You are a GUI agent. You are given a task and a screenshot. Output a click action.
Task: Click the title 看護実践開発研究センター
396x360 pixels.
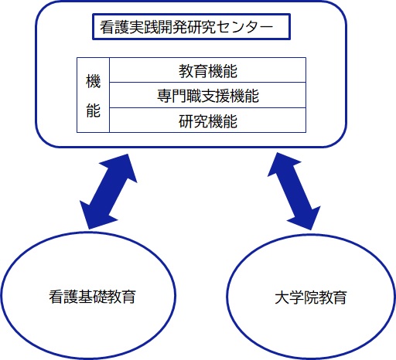pos(186,27)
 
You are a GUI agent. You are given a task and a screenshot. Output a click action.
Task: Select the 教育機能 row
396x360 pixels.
pos(208,71)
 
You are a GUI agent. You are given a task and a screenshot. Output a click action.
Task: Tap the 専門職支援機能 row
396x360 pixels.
pos(208,96)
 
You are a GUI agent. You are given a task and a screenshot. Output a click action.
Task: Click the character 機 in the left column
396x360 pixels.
pos(93,81)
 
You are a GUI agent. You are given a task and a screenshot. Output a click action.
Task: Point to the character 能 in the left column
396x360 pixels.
pos(93,110)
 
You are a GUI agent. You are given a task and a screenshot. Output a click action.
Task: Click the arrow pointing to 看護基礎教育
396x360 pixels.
pos(108,192)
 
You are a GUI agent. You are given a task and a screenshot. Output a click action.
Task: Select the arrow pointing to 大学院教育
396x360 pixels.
pos(294,191)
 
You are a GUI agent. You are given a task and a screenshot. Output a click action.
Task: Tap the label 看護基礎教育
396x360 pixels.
pos(92,297)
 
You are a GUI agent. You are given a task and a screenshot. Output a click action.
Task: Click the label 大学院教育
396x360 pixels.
pos(311,297)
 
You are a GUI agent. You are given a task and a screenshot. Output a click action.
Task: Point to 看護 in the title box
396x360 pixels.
pos(114,27)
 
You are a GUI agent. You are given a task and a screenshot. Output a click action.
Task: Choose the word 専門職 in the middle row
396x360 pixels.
pos(179,96)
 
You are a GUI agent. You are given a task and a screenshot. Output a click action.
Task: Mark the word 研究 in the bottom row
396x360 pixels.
pos(193,121)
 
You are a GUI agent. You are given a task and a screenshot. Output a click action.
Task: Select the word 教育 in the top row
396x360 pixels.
pos(193,71)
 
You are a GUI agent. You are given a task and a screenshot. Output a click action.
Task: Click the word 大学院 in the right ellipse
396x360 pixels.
pos(296,297)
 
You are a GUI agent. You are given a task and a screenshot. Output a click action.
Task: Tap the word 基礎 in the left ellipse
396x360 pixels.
pos(92,297)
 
